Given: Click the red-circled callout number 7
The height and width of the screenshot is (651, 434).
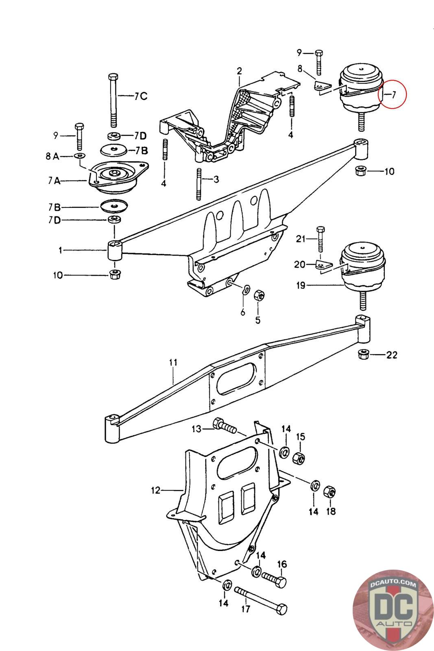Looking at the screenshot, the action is pos(393,95).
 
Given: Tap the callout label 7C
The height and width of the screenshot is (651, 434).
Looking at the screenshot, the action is pos(141,96).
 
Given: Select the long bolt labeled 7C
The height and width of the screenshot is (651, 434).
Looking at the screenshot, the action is pos(113,100).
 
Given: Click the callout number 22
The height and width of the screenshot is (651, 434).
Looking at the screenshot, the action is pos(391,355).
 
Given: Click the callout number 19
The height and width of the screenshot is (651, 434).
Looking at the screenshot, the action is pos(301,285).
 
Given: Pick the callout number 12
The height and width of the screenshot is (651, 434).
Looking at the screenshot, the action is pos(156,490).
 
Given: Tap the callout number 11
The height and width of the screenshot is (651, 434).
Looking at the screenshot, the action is pos(173,363).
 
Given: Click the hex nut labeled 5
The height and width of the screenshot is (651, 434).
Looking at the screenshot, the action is pos(259,296).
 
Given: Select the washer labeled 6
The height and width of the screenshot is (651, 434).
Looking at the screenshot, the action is pos(246,290).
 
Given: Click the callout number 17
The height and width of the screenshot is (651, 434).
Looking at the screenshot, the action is pos(246,609).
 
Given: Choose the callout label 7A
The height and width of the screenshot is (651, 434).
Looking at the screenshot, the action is pos(55,181).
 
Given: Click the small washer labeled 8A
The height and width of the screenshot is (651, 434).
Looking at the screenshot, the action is pos(79,155).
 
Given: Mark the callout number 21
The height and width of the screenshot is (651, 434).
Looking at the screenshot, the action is pos(301,239).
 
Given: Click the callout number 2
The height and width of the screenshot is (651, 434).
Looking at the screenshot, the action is pos(239,71).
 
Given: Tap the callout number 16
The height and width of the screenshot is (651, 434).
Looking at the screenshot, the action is pos(282,564).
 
